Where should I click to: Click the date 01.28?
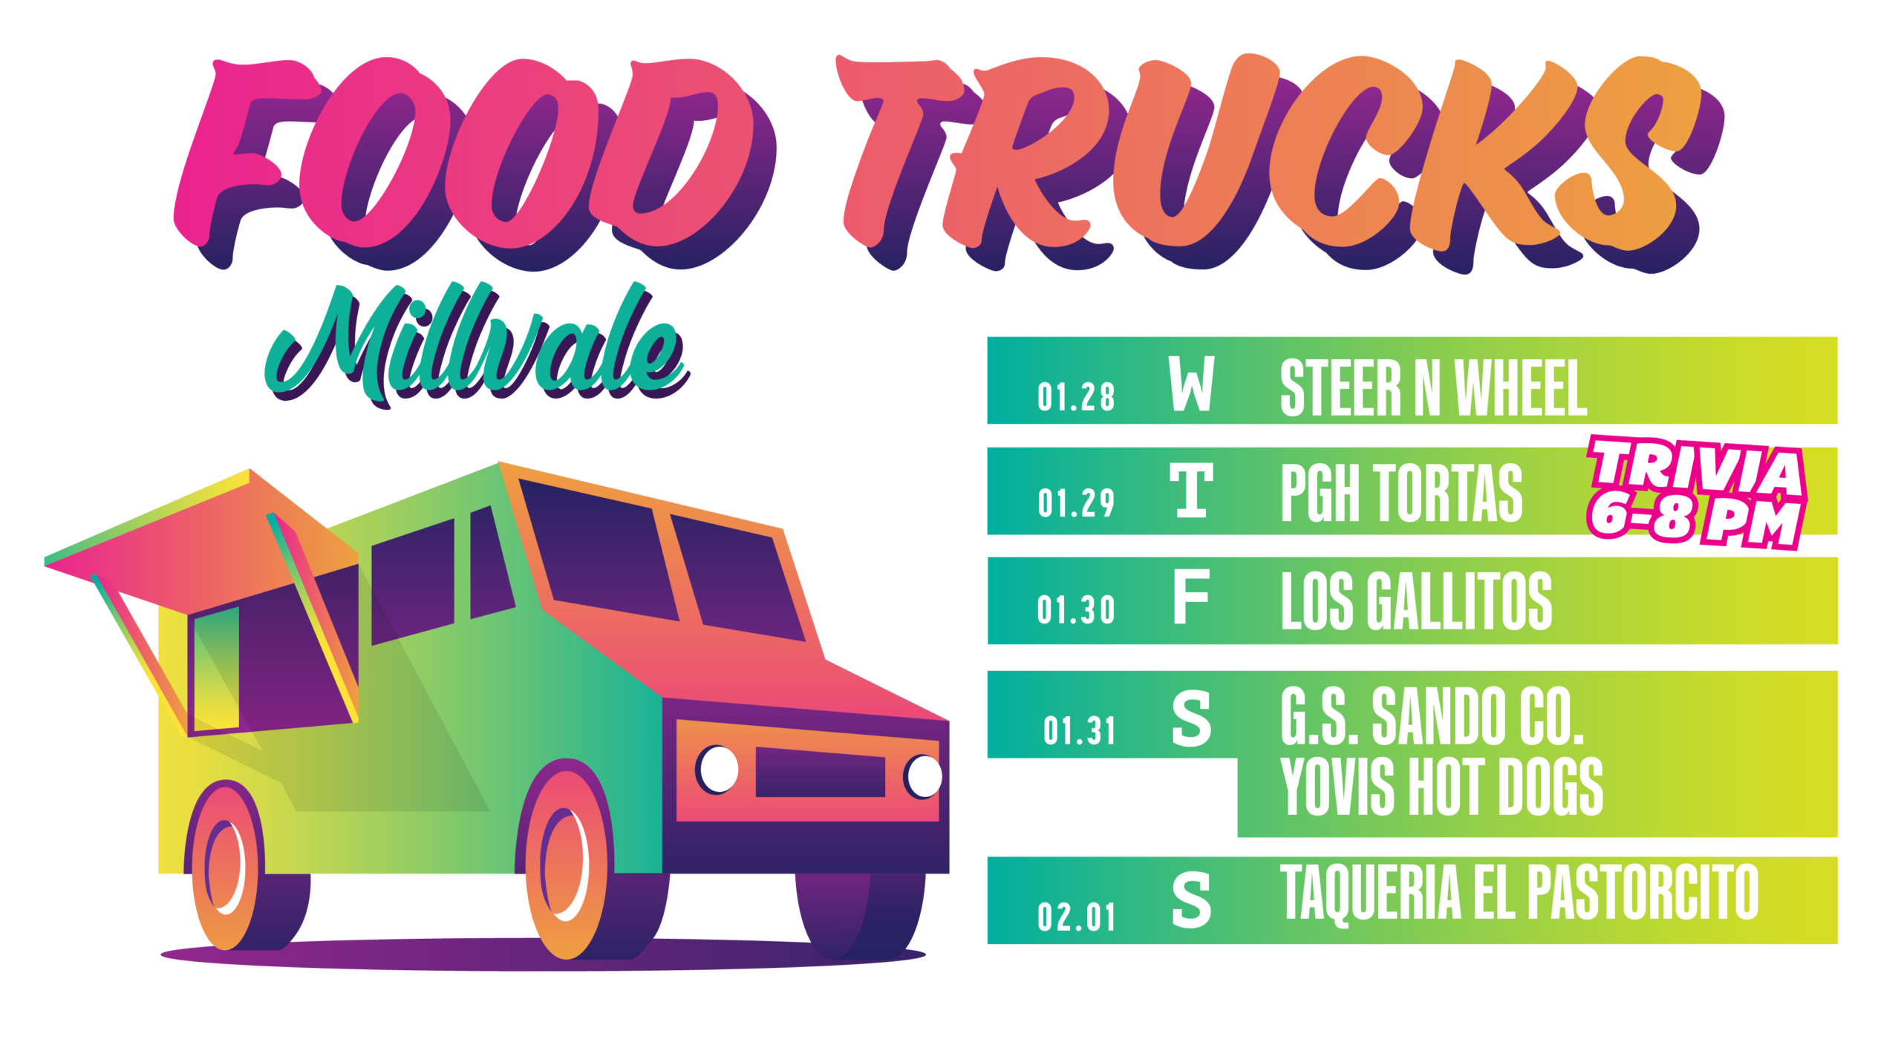pos(1076,397)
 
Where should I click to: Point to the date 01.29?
pos(1076,503)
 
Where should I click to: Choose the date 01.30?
pos(1076,610)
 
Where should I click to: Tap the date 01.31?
pos(1079,731)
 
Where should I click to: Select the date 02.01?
pos(1076,917)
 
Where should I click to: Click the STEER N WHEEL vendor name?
pos(1434,388)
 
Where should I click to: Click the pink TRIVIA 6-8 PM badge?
pos(1696,492)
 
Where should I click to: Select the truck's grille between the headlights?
pos(820,772)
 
